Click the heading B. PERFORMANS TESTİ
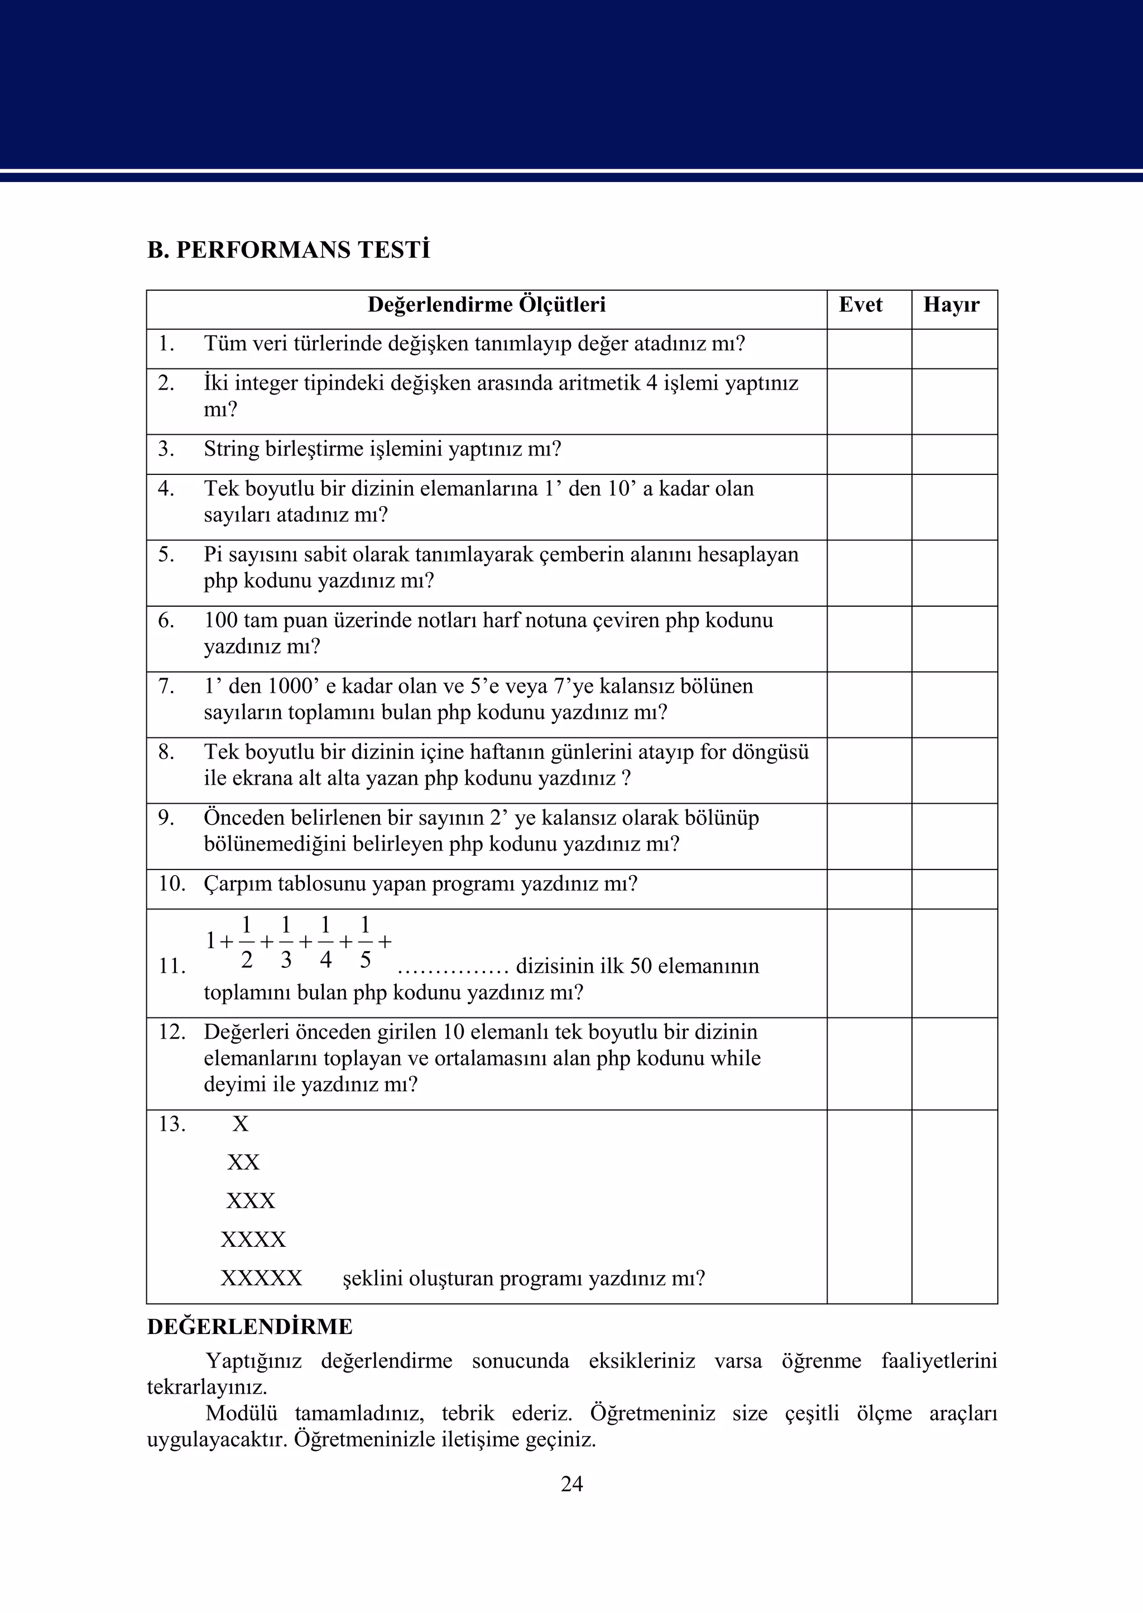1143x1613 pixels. (x=289, y=251)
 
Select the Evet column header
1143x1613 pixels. (x=860, y=305)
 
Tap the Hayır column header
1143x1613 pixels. (x=951, y=305)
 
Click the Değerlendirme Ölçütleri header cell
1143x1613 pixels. (x=486, y=305)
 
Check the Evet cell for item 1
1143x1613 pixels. (x=868, y=349)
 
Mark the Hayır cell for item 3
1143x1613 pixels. (x=954, y=454)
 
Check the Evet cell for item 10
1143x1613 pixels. (x=868, y=889)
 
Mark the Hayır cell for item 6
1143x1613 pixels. (x=954, y=639)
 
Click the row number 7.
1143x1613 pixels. (x=166, y=686)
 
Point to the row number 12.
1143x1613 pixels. (x=172, y=1033)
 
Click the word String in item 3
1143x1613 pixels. (x=232, y=449)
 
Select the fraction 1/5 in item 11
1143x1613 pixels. (x=364, y=942)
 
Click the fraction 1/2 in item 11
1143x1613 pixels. (x=246, y=942)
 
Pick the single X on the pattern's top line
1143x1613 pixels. (x=241, y=1124)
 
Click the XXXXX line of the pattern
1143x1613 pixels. (x=261, y=1278)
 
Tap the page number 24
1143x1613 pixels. (x=571, y=1484)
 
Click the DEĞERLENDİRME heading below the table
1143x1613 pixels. (x=250, y=1327)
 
